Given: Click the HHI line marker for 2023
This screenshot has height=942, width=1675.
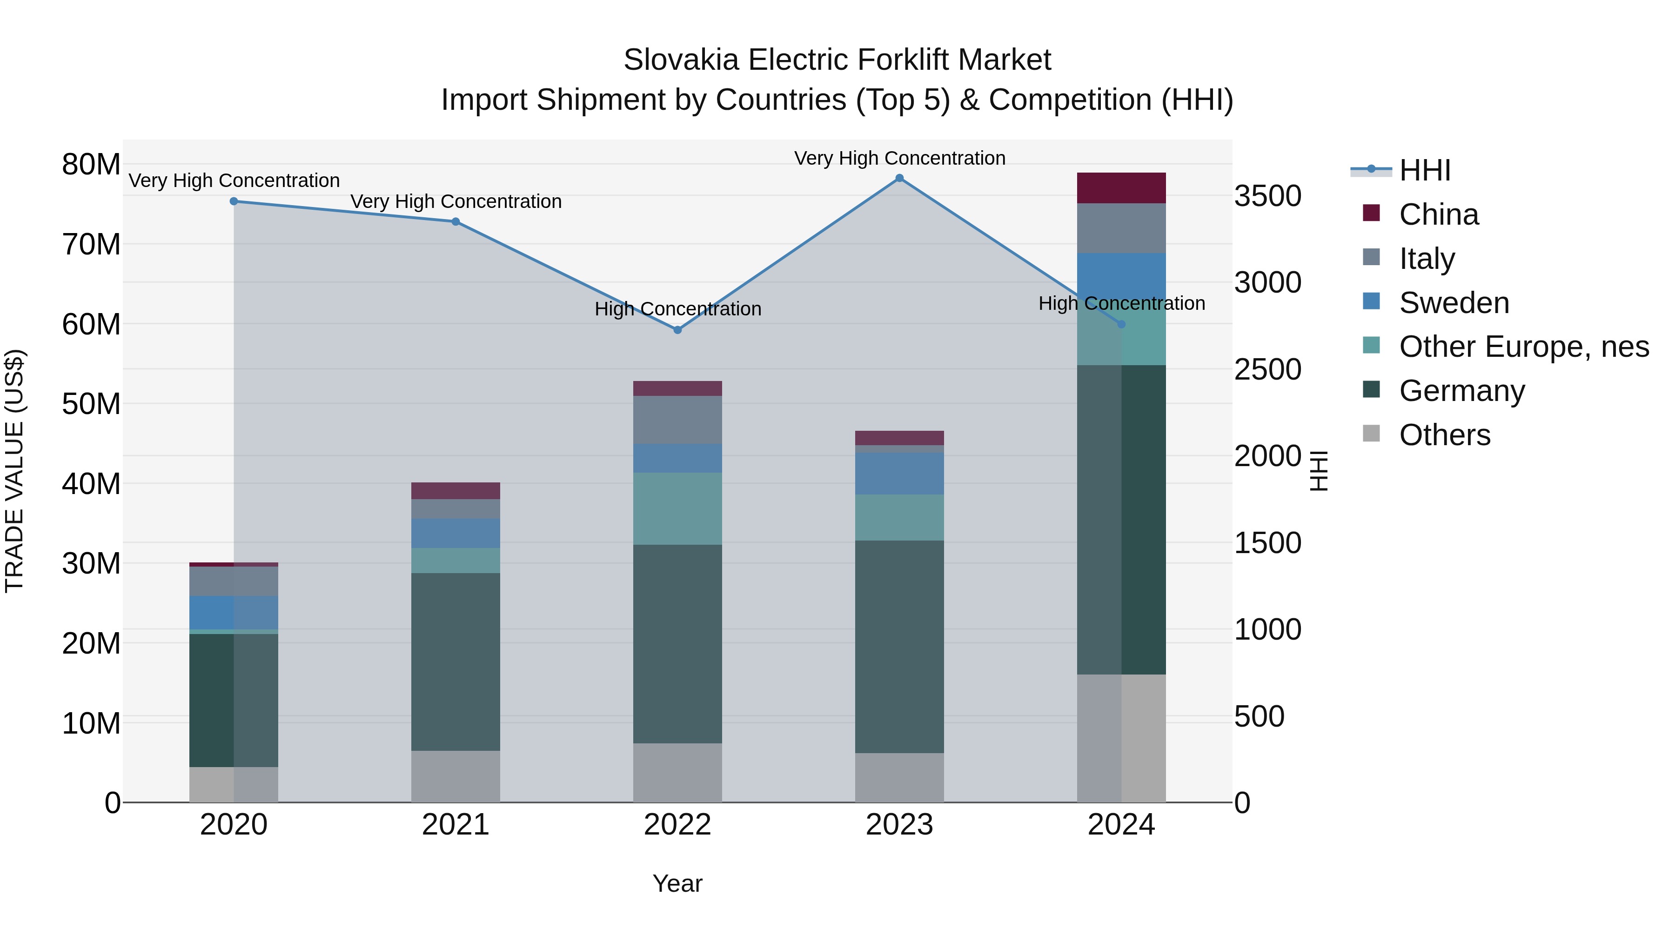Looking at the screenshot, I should pos(899,178).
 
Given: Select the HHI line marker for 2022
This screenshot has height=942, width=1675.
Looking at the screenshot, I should pos(677,330).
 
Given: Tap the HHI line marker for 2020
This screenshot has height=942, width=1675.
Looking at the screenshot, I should pos(234,201).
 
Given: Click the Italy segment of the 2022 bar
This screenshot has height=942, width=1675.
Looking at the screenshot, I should pos(677,420).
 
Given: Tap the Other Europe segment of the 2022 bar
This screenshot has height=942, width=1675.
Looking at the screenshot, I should pos(677,508).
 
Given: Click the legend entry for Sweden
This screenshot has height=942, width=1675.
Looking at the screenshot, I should pos(1454,303).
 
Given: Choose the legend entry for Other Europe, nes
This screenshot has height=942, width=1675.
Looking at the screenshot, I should pos(1523,347).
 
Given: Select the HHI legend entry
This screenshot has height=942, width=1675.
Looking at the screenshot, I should pos(1424,170).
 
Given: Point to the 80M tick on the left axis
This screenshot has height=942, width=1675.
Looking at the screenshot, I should pos(91,165).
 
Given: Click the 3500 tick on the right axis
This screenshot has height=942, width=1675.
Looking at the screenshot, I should pos(1267,196).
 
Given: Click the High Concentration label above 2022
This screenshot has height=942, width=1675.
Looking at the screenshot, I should pos(677,309).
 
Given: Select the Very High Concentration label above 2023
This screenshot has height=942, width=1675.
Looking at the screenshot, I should pos(899,158).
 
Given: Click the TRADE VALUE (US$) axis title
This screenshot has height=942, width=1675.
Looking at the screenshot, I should pos(15,471).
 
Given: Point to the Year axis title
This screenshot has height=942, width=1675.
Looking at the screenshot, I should pos(677,883).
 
